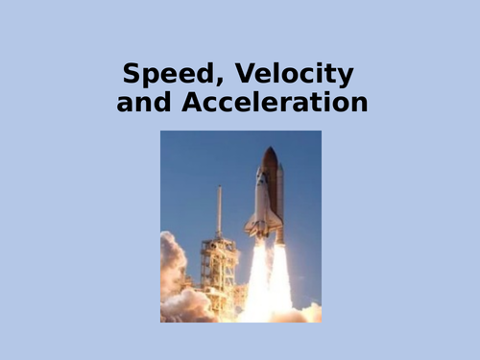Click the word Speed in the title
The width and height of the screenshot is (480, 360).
[x=169, y=74]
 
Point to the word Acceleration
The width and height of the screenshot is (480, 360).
[x=274, y=102]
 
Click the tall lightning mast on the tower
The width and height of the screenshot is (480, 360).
[x=219, y=206]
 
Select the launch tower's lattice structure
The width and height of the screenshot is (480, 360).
[x=219, y=264]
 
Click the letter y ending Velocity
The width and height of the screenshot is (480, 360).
[x=348, y=77]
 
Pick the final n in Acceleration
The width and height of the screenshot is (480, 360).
[x=360, y=102]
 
